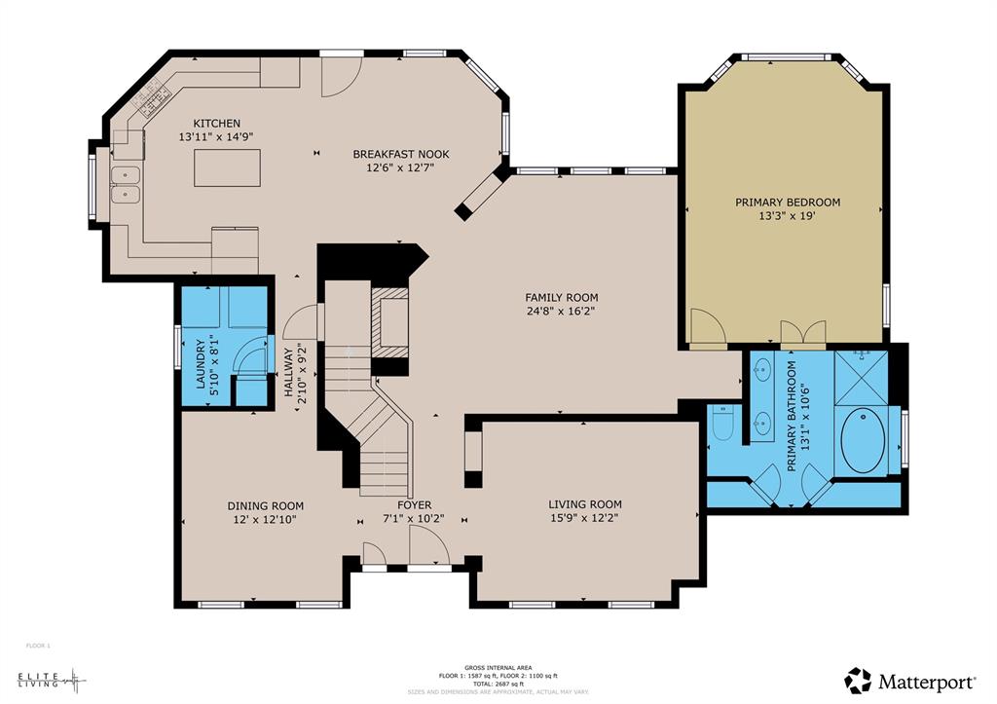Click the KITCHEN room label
(x=216, y=123)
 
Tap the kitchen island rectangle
(x=227, y=167)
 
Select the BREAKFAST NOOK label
(x=400, y=154)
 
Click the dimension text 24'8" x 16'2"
(x=561, y=313)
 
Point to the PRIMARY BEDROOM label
(x=787, y=202)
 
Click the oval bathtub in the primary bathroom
(x=864, y=441)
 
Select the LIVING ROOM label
(x=584, y=503)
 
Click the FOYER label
(x=414, y=505)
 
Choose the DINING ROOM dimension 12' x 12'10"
(x=265, y=520)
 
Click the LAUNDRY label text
(x=202, y=363)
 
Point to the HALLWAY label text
(x=288, y=371)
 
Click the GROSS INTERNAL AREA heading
(x=498, y=667)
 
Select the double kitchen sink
(x=125, y=184)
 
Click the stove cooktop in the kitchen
(x=152, y=94)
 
